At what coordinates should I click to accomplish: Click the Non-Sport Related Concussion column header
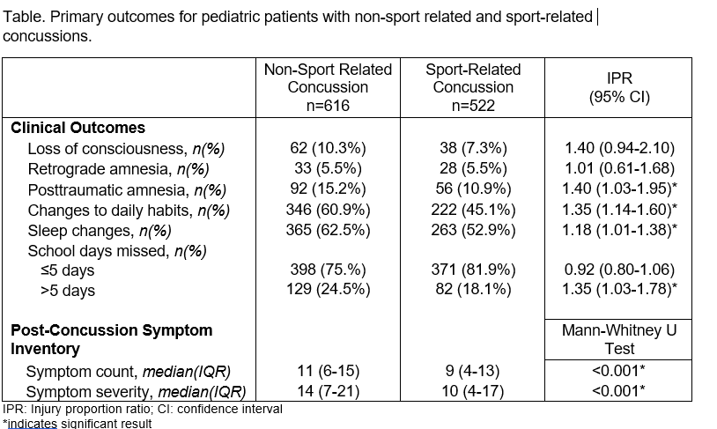(x=328, y=87)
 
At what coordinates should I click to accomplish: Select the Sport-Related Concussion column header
(x=473, y=87)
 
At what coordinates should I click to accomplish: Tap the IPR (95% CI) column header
(x=619, y=87)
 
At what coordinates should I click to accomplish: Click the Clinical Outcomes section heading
(x=78, y=128)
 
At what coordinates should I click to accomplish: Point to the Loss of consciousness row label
(x=126, y=149)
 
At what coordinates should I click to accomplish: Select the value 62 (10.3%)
(x=328, y=148)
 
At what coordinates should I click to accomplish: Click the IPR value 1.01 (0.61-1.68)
(x=619, y=168)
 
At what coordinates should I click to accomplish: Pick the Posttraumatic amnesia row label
(x=127, y=189)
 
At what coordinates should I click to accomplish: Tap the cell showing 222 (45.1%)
(x=473, y=210)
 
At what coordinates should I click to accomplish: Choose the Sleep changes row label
(x=100, y=231)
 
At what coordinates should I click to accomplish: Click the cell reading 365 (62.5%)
(x=328, y=230)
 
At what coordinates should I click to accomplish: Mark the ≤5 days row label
(x=67, y=270)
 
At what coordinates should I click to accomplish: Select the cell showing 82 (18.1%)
(x=473, y=289)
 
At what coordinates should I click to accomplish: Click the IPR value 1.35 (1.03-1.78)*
(x=619, y=289)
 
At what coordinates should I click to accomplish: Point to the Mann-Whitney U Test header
(x=619, y=339)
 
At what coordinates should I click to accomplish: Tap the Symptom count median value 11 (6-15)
(x=328, y=371)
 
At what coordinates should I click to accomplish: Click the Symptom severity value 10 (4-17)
(x=473, y=391)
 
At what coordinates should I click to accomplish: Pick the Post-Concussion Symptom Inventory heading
(x=112, y=339)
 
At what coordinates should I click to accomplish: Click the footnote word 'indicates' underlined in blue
(x=32, y=424)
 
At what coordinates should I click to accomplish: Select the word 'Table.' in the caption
(x=25, y=17)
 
